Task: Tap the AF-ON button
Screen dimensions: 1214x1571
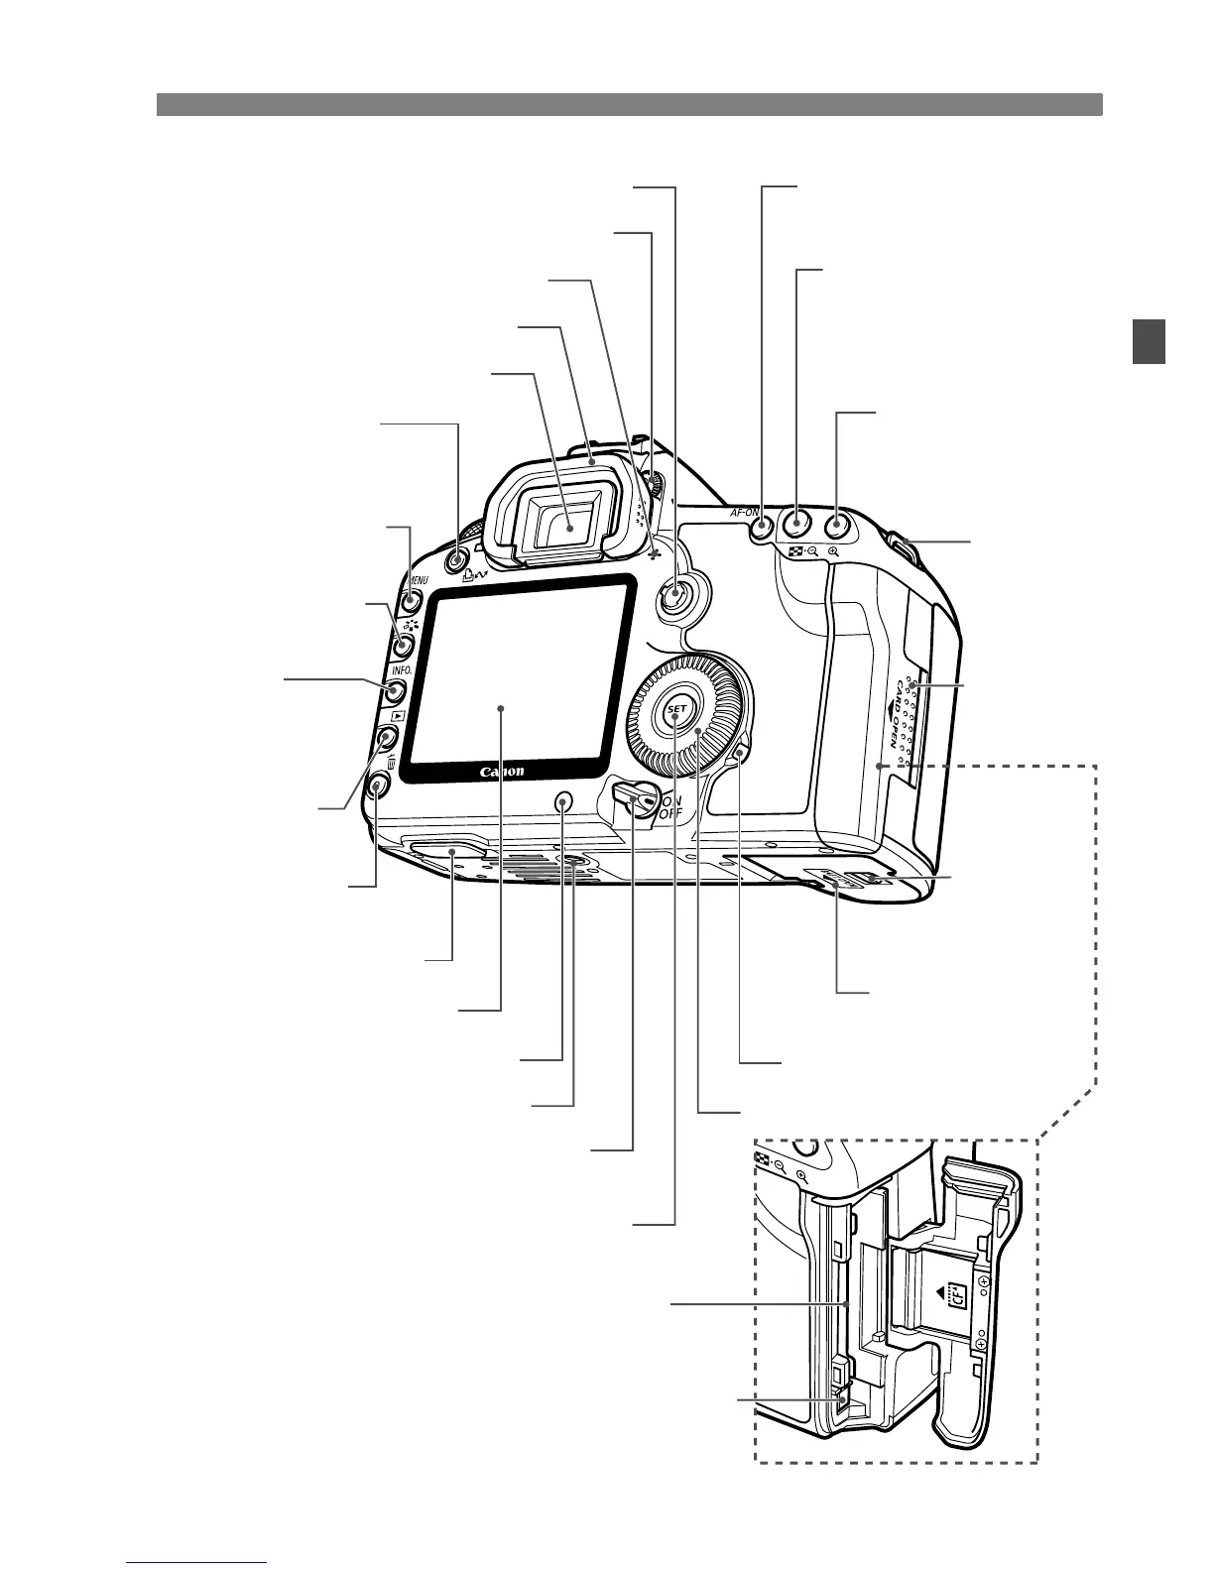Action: pos(761,527)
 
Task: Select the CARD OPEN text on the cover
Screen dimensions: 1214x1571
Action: pos(896,710)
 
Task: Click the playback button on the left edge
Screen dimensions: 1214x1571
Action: pos(387,738)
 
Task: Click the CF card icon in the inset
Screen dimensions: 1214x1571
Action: pos(957,1294)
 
